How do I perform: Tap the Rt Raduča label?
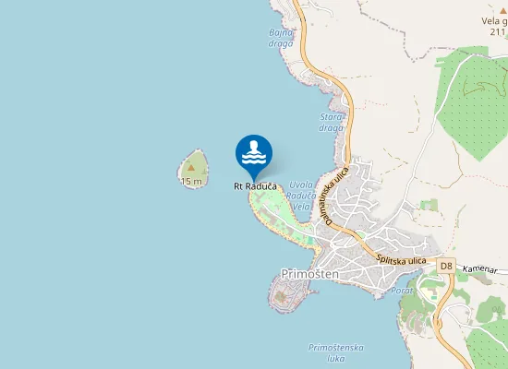click(254, 185)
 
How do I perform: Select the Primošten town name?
click(309, 275)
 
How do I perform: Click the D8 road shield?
click(446, 267)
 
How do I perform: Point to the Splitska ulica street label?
click(401, 257)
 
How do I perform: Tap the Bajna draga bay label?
click(281, 38)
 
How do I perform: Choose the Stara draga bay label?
click(331, 122)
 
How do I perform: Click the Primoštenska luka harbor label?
click(336, 353)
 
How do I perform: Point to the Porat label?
click(402, 291)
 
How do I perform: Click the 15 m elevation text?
click(191, 182)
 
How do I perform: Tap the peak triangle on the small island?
click(192, 169)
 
